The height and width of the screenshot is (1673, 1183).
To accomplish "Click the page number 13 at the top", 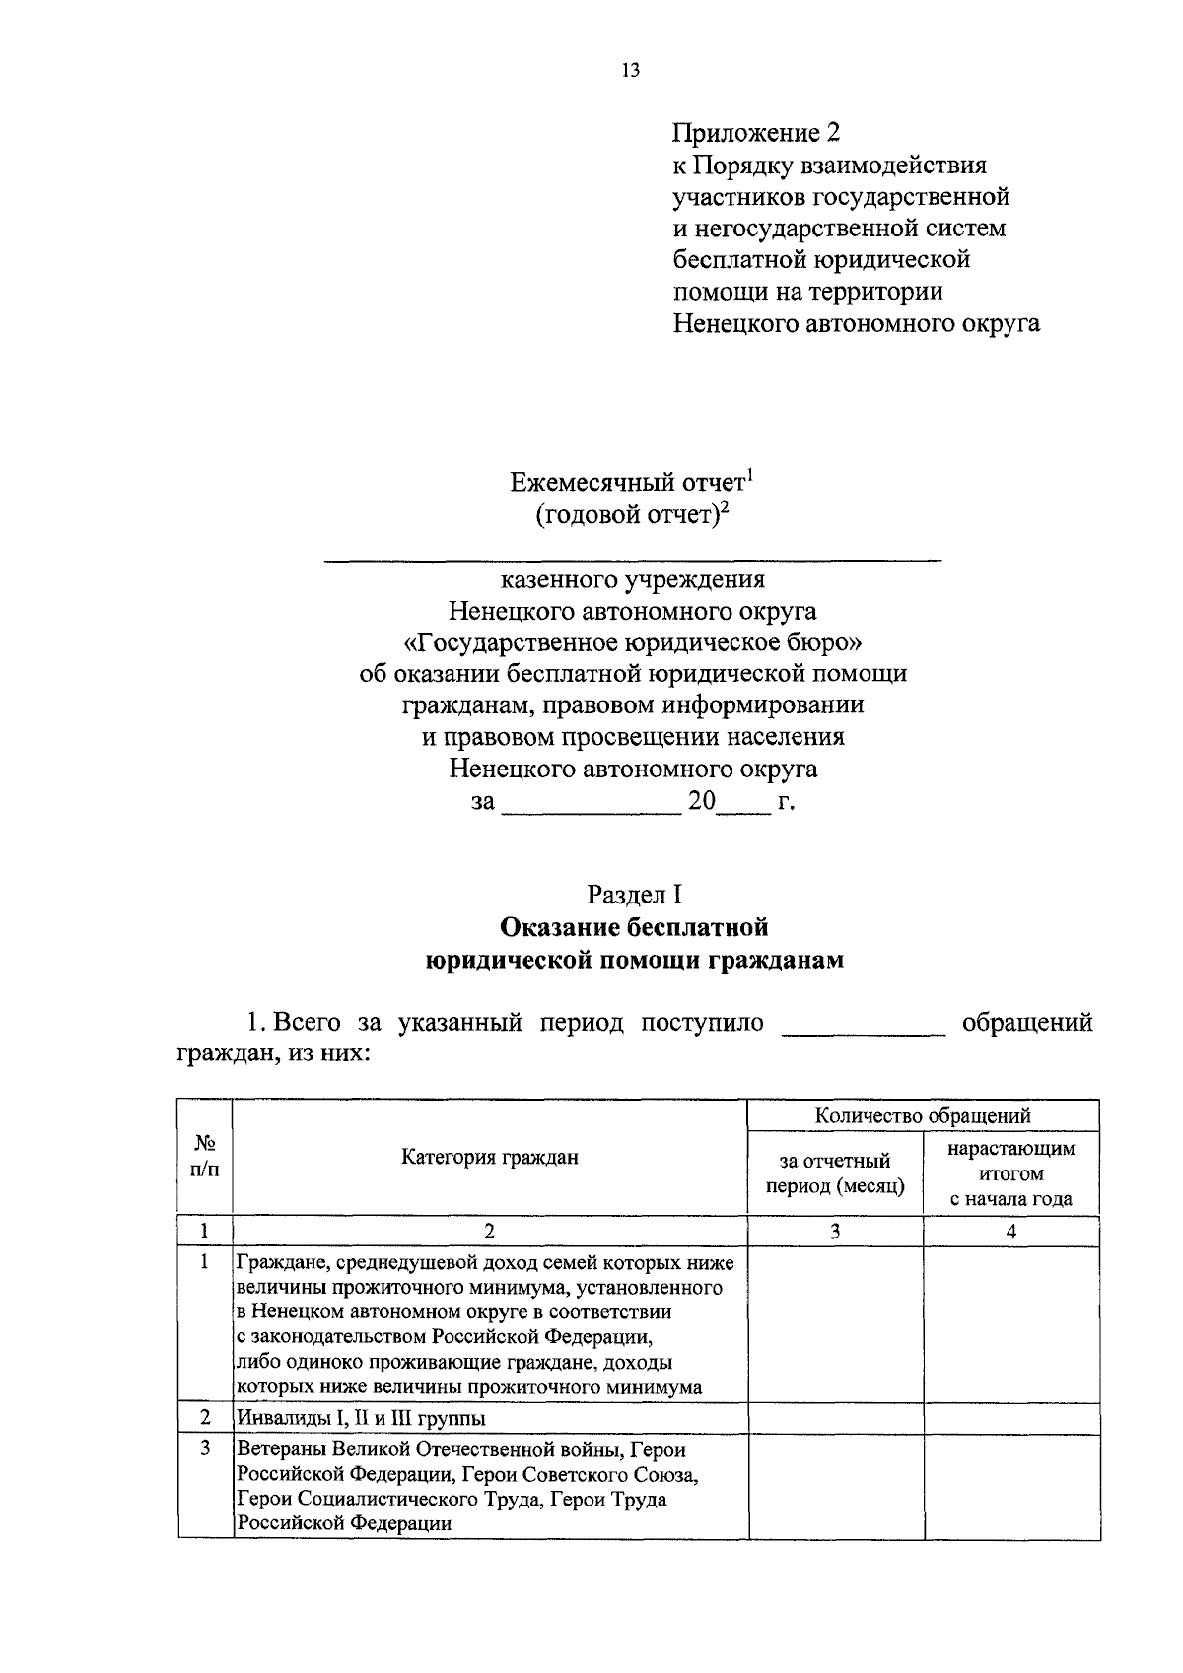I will click(x=631, y=70).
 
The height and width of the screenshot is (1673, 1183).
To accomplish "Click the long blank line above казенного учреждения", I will click(x=633, y=560).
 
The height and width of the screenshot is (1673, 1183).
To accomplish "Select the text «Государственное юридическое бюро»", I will click(x=633, y=642).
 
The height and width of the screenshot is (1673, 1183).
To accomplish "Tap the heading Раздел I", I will click(x=634, y=895).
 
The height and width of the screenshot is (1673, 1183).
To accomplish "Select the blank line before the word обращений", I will click(x=863, y=1032).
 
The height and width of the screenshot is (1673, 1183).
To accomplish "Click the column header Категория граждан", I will click(x=490, y=1157).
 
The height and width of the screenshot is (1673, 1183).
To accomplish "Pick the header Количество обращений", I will click(x=923, y=1115).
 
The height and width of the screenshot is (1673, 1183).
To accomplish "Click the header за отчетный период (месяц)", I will click(x=835, y=1173).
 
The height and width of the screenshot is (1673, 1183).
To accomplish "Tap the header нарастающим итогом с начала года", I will click(x=1010, y=1173).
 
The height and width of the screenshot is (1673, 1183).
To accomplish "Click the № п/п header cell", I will click(x=205, y=1157).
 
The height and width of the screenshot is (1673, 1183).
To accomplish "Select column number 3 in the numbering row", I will click(x=835, y=1231).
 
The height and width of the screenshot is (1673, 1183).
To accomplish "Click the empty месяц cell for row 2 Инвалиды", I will click(x=835, y=1418).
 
